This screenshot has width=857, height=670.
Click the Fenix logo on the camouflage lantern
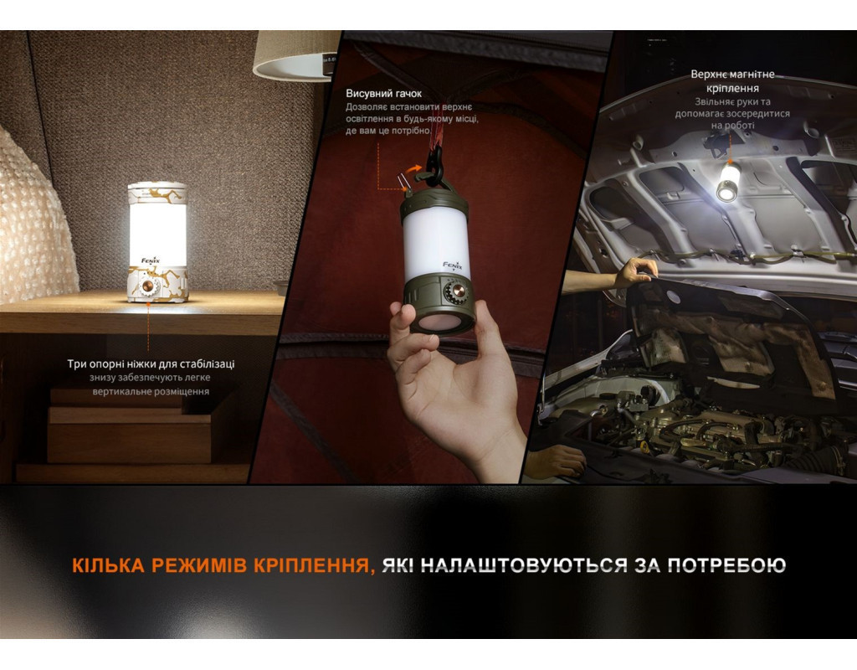click(151, 260)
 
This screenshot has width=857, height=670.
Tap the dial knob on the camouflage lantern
click(147, 286)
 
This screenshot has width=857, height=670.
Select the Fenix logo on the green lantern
click(453, 265)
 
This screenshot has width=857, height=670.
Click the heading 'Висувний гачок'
click(383, 94)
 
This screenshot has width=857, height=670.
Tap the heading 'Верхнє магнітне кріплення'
click(732, 81)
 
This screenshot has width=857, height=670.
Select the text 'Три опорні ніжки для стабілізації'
click(151, 363)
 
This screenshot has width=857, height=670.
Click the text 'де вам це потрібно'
click(387, 131)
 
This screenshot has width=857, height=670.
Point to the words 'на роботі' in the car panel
click(732, 126)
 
